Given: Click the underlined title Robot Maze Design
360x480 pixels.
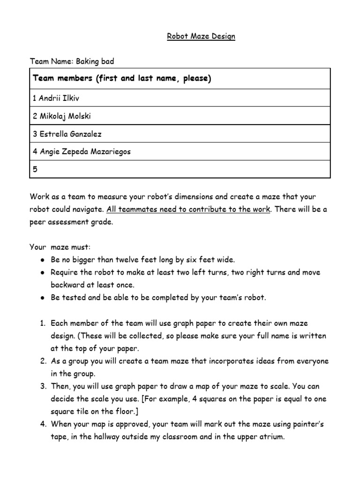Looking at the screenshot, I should [x=201, y=37].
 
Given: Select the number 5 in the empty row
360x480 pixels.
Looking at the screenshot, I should [x=35, y=170].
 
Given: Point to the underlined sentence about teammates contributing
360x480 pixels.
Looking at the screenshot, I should [x=188, y=209].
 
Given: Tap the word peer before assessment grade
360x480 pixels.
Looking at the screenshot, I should [x=39, y=222].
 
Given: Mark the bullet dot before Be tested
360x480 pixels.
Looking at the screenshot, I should [x=42, y=297].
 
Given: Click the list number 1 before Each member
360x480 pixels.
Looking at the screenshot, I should [x=43, y=323].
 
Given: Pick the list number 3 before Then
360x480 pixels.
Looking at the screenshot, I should [x=43, y=386].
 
